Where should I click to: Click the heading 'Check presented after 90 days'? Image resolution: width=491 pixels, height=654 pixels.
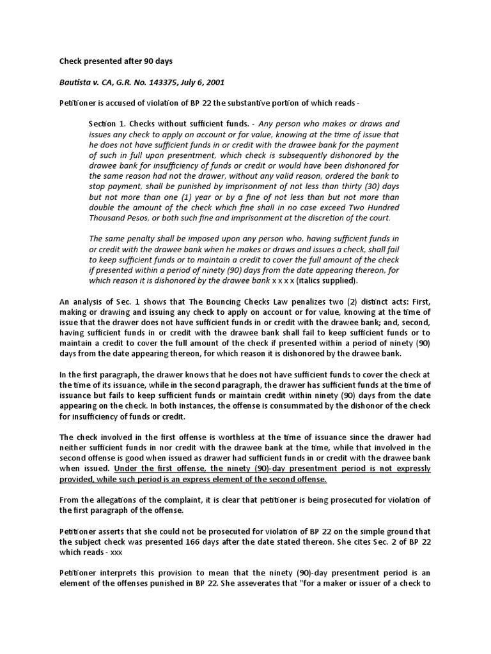point(116,61)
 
